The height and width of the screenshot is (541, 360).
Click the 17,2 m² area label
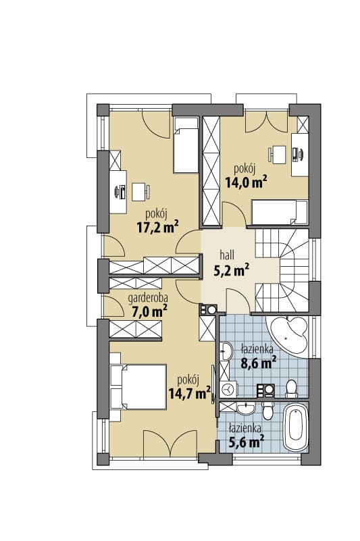[158, 228]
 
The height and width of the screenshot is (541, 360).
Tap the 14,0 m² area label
[247, 182]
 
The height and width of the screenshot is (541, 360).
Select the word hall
[227, 255]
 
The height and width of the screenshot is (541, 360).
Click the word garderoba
[148, 298]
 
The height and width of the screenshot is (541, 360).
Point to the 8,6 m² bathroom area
[259, 363]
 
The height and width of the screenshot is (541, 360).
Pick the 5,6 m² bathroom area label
[247, 441]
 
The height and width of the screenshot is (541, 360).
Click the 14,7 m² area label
[190, 392]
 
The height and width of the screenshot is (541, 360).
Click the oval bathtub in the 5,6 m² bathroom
[295, 427]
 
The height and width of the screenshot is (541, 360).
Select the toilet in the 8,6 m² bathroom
[292, 388]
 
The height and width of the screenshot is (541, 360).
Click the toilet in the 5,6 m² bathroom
[268, 409]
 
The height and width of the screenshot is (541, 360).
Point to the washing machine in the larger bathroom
[228, 390]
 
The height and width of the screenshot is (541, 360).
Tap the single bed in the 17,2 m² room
[186, 145]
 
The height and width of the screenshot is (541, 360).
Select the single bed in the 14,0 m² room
[280, 212]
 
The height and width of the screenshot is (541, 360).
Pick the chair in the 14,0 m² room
[277, 155]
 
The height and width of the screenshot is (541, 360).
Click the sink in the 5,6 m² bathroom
[246, 409]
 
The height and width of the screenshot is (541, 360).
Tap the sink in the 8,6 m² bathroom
[226, 351]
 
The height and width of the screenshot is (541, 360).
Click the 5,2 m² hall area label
[232, 270]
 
